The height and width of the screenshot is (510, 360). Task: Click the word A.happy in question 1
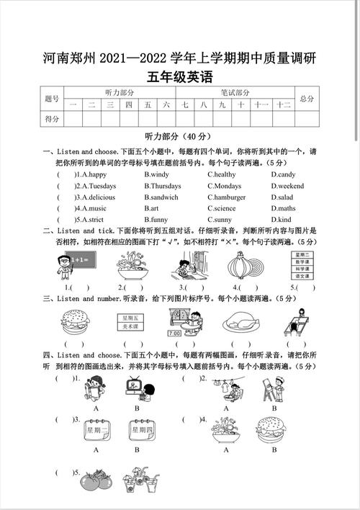92,174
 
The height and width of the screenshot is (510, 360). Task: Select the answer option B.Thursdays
163,186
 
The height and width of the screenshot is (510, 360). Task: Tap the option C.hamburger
227,197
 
